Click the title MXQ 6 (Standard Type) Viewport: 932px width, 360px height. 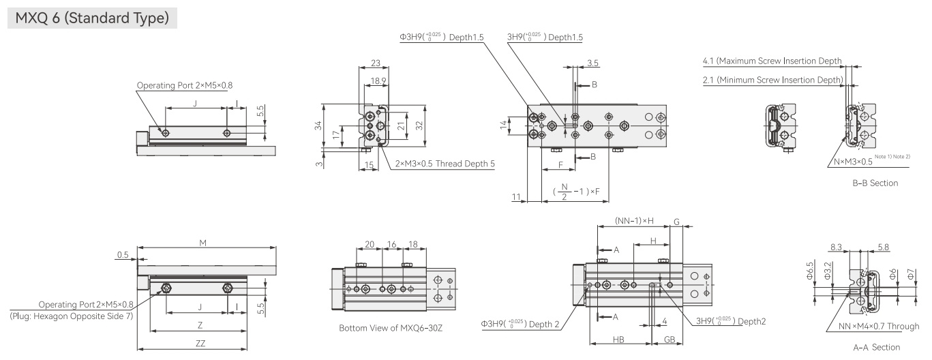92,18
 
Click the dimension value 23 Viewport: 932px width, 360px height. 375,63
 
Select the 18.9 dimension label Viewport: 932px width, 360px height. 378,80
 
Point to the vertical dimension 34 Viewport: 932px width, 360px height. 318,125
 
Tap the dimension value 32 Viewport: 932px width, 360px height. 419,125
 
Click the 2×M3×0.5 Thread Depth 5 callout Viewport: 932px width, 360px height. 445,164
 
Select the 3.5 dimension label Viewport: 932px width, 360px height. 592,63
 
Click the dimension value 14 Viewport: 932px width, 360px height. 503,125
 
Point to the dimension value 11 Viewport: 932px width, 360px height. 516,197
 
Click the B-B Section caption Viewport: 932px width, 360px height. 875,183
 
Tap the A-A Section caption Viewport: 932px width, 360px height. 876,347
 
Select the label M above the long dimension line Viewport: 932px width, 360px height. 202,243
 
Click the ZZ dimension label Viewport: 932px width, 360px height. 200,344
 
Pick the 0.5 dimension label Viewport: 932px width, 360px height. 123,255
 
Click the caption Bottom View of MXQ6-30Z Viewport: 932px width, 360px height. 391,328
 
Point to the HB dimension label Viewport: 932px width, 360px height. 618,340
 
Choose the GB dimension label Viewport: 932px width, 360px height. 670,340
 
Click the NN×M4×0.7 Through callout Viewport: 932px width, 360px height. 879,327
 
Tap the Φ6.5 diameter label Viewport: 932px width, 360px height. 809,271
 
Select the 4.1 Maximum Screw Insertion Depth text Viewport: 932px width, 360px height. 772,61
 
